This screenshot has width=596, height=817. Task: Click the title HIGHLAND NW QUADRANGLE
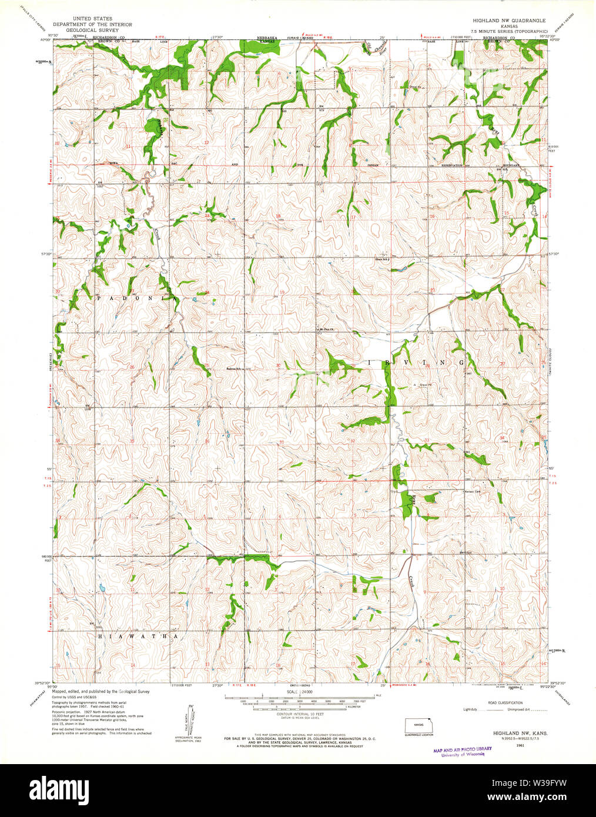pos(504,21)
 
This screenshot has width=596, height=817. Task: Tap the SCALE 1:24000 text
pos(300,692)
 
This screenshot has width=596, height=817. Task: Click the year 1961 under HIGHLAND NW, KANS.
pos(520,745)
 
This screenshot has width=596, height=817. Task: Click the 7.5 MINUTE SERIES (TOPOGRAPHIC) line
pos(504,31)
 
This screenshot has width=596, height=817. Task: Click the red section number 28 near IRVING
pos(427,366)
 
